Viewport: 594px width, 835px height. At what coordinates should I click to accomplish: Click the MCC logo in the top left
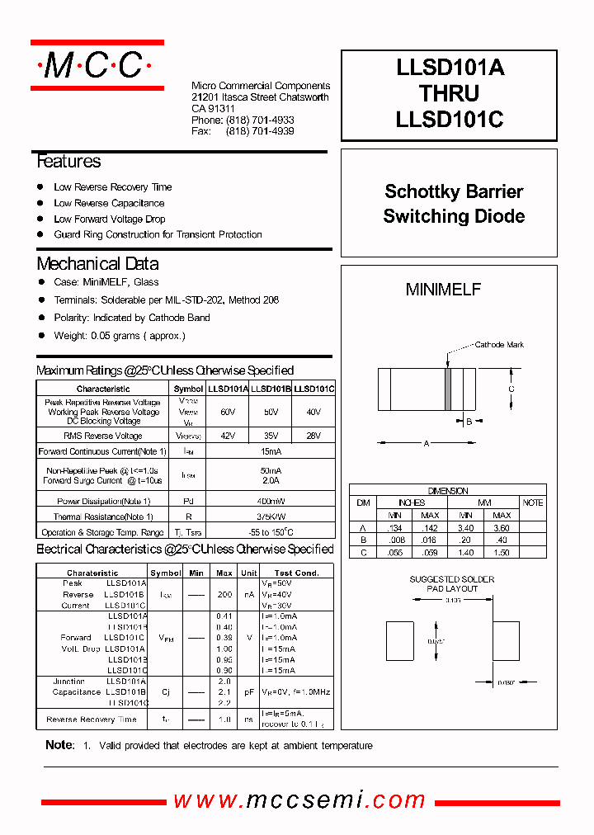click(97, 64)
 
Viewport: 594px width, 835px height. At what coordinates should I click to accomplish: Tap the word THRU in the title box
click(450, 94)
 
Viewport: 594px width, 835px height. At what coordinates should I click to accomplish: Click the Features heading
click(69, 162)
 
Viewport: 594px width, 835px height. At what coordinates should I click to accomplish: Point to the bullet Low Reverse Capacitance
click(109, 203)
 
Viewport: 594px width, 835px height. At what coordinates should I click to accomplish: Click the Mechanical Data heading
click(98, 264)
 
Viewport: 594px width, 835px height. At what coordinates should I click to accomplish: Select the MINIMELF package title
click(443, 290)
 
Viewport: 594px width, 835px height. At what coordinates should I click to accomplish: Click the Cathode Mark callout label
click(499, 345)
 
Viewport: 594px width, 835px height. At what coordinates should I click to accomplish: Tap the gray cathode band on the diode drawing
click(448, 389)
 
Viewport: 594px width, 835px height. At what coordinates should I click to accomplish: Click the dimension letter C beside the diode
click(511, 389)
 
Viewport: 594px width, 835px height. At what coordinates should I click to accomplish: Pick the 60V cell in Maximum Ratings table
click(228, 411)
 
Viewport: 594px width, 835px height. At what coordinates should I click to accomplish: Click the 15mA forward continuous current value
click(271, 451)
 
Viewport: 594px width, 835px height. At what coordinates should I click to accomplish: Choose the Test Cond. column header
click(296, 573)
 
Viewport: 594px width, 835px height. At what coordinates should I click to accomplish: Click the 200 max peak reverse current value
click(224, 594)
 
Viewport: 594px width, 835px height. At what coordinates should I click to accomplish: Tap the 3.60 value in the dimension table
click(502, 526)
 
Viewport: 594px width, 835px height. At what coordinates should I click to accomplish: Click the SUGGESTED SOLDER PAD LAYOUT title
click(452, 584)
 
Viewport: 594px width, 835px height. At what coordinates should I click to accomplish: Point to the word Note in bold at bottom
click(59, 745)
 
